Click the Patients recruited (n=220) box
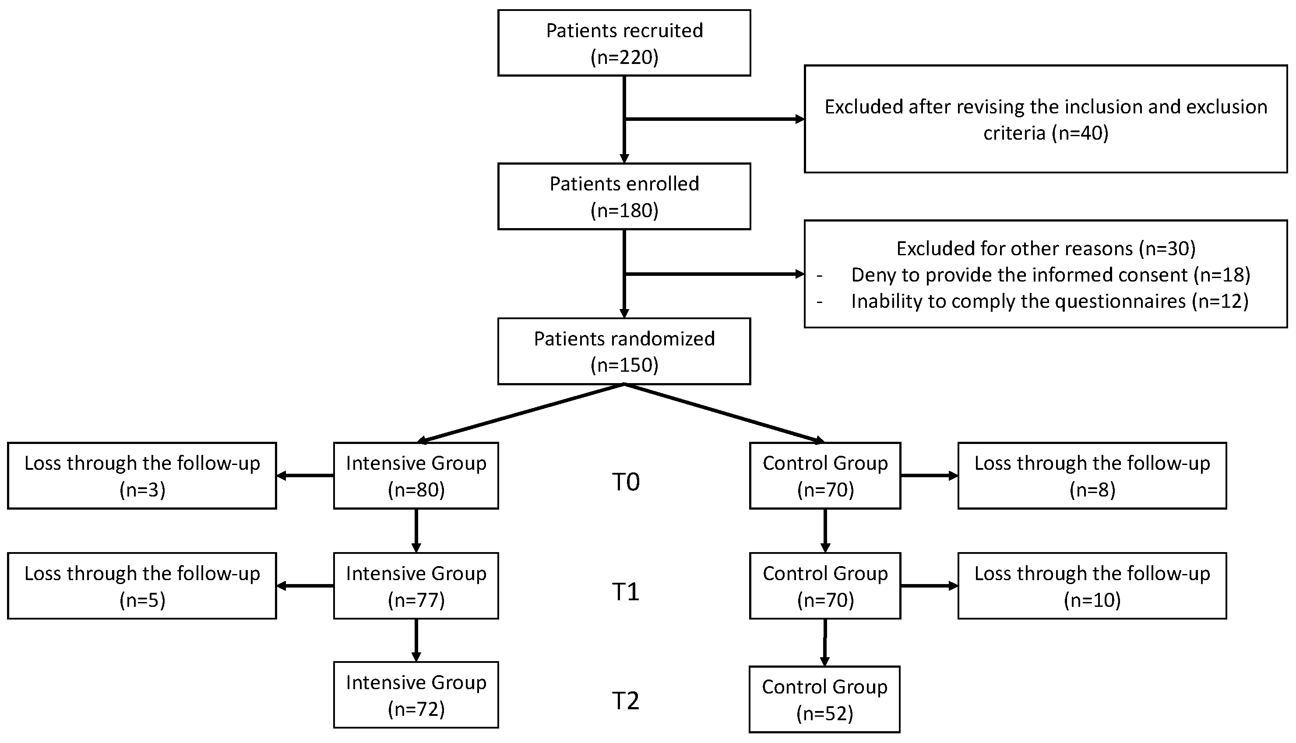tap(624, 43)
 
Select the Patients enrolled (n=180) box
tap(624, 197)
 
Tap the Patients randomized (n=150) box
tap(624, 352)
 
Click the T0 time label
tap(626, 482)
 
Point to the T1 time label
tap(626, 592)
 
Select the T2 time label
tap(626, 701)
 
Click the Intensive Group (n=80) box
tap(416, 476)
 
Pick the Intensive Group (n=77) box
tap(416, 586)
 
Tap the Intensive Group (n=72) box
tap(416, 695)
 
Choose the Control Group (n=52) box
tap(824, 700)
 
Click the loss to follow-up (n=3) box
tap(142, 476)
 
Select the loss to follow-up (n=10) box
tap(1092, 586)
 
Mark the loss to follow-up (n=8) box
tap(1092, 476)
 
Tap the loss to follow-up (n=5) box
tap(142, 586)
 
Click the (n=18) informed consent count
tap(1222, 275)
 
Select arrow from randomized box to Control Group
tap(725, 413)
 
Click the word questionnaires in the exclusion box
tap(1120, 302)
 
